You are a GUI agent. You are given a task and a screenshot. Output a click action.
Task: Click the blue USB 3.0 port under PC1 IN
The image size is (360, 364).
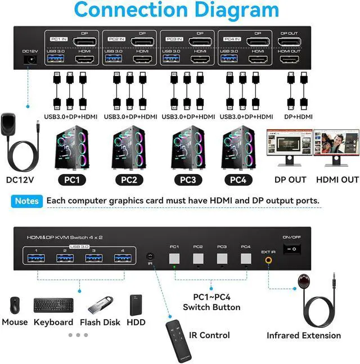click(x=56, y=59)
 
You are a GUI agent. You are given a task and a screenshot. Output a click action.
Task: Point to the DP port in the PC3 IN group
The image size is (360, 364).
click(x=201, y=41)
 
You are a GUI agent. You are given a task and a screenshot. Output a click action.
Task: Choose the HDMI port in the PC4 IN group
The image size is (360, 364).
click(x=259, y=59)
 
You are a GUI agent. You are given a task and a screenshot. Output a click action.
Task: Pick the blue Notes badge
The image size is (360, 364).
click(x=27, y=201)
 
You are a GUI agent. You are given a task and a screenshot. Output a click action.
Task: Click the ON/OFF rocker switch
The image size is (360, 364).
click(x=292, y=249)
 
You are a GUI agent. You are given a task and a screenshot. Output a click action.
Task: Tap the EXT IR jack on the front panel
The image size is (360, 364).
click(x=269, y=260)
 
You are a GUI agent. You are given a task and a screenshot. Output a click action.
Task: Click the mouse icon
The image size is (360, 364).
click(x=13, y=305)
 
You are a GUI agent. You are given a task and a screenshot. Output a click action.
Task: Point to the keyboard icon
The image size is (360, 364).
click(x=53, y=305)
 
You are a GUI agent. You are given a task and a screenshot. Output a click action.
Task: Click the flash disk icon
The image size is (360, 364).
click(x=101, y=307)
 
